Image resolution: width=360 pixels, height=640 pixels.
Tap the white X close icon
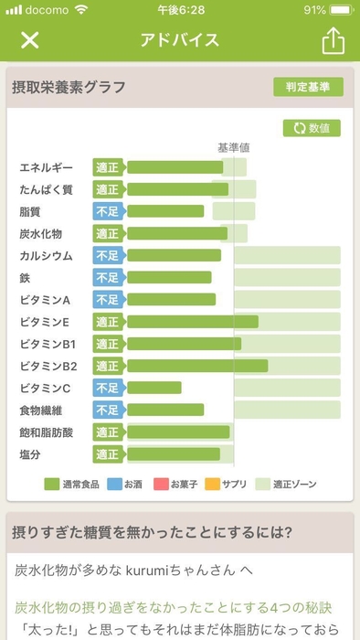tap(30, 40)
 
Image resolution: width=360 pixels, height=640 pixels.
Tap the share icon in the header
tap(333, 40)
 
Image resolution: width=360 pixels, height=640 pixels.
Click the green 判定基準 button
tap(308, 87)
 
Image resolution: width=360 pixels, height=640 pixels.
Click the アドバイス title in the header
tap(179, 40)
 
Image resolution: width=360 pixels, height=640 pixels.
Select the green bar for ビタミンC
tap(154, 388)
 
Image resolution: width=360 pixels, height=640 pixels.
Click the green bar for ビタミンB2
tap(196, 366)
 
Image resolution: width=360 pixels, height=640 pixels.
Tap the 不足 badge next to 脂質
tap(107, 211)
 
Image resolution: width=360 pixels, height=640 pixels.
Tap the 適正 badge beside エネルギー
tap(107, 167)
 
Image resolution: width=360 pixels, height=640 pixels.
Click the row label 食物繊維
tap(42, 410)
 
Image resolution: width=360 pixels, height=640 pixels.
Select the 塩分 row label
tap(31, 453)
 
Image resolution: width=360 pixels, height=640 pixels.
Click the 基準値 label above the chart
tap(233, 147)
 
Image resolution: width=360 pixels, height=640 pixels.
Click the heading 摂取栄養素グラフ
tap(69, 88)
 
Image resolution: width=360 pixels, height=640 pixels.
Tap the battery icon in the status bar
tap(341, 10)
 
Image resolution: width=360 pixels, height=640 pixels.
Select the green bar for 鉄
tap(169, 277)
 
